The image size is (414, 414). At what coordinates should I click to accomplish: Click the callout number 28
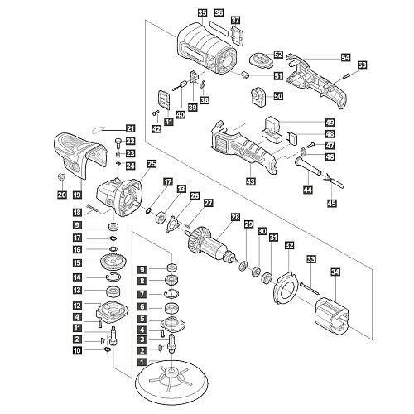[235, 218]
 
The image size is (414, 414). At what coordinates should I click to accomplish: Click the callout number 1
[142, 362]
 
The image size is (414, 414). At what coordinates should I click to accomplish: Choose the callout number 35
[203, 12]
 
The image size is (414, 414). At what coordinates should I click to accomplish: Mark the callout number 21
[129, 128]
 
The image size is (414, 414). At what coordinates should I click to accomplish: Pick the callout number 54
[345, 58]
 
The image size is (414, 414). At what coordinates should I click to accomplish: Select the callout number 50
[278, 97]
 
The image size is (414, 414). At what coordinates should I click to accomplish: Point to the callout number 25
[151, 164]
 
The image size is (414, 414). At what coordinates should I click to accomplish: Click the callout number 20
[60, 195]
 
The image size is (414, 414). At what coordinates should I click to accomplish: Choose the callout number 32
[288, 245]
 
